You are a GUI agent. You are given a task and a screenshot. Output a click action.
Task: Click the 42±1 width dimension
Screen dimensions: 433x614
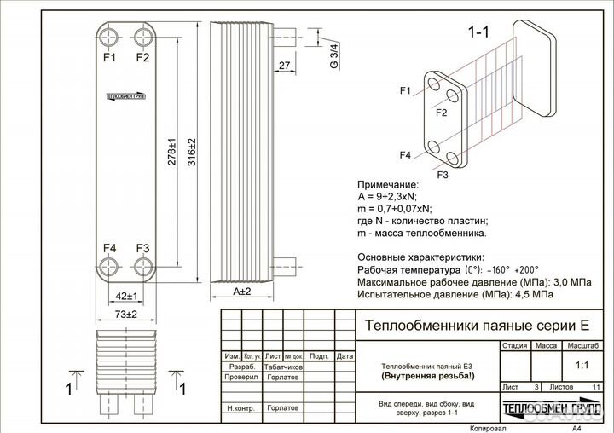coord(126,296)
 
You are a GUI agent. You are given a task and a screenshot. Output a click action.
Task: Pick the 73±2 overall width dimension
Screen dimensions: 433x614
coord(126,315)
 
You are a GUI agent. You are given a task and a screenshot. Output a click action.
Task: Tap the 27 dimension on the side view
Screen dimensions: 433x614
coord(284,66)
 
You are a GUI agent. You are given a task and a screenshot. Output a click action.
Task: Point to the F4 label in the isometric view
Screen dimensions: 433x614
coord(405,155)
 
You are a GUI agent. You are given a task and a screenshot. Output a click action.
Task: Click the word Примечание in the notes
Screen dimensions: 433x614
coord(388,184)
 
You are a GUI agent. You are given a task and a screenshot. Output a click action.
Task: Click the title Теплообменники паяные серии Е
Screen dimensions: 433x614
coord(477,325)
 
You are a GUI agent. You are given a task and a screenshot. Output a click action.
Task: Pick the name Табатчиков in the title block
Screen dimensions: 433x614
coord(282,366)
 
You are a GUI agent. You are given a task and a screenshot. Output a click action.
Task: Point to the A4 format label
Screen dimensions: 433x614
coord(577,429)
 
